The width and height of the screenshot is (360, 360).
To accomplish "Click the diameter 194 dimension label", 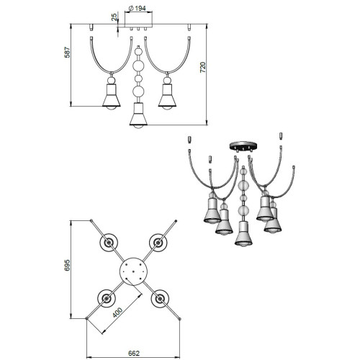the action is pyautogui.click(x=138, y=9).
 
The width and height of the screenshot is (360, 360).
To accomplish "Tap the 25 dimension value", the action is pyautogui.click(x=114, y=17).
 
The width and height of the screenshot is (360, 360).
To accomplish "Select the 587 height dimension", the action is pyautogui.click(x=68, y=53).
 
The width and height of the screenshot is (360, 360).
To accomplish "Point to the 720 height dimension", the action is pyautogui.click(x=203, y=68).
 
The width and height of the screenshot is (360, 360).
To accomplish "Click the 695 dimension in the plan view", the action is pyautogui.click(x=68, y=265).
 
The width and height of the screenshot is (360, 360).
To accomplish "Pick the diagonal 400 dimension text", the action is pyautogui.click(x=117, y=312).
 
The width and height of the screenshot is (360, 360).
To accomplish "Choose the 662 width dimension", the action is pyautogui.click(x=134, y=354).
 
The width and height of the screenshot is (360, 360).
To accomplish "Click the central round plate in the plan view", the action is pyautogui.click(x=133, y=271).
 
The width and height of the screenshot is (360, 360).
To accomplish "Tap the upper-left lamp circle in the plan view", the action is pyautogui.click(x=109, y=243).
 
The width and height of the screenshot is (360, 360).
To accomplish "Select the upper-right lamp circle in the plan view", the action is pyautogui.click(x=158, y=243).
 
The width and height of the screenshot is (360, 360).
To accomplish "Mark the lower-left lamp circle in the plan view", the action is pyautogui.click(x=107, y=298).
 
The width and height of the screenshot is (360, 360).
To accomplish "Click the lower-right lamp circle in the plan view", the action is pyautogui.click(x=160, y=299).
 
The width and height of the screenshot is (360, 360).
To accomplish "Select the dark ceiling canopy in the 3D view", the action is pyautogui.click(x=243, y=146).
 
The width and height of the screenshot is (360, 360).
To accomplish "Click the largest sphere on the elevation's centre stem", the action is pyautogui.click(x=138, y=66).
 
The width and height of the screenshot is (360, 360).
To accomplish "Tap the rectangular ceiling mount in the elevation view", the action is pyautogui.click(x=138, y=26).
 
